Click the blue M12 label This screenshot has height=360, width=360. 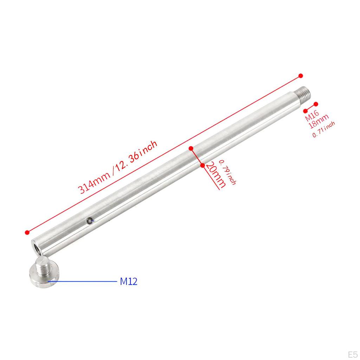click(129, 281)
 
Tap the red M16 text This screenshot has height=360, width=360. click(312, 115)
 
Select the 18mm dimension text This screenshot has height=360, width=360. click(319, 121)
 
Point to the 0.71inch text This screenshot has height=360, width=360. click(323, 129)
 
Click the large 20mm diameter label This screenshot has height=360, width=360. click(216, 175)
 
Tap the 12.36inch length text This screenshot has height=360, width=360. click(137, 155)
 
